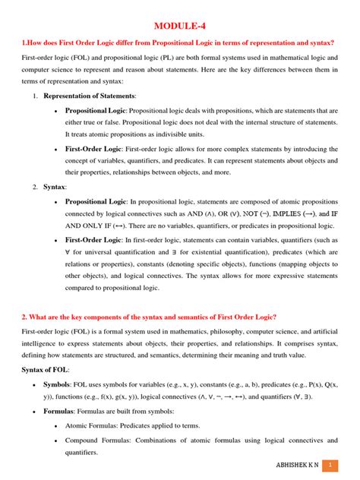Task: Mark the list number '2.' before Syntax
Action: pyautogui.click(x=35, y=186)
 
